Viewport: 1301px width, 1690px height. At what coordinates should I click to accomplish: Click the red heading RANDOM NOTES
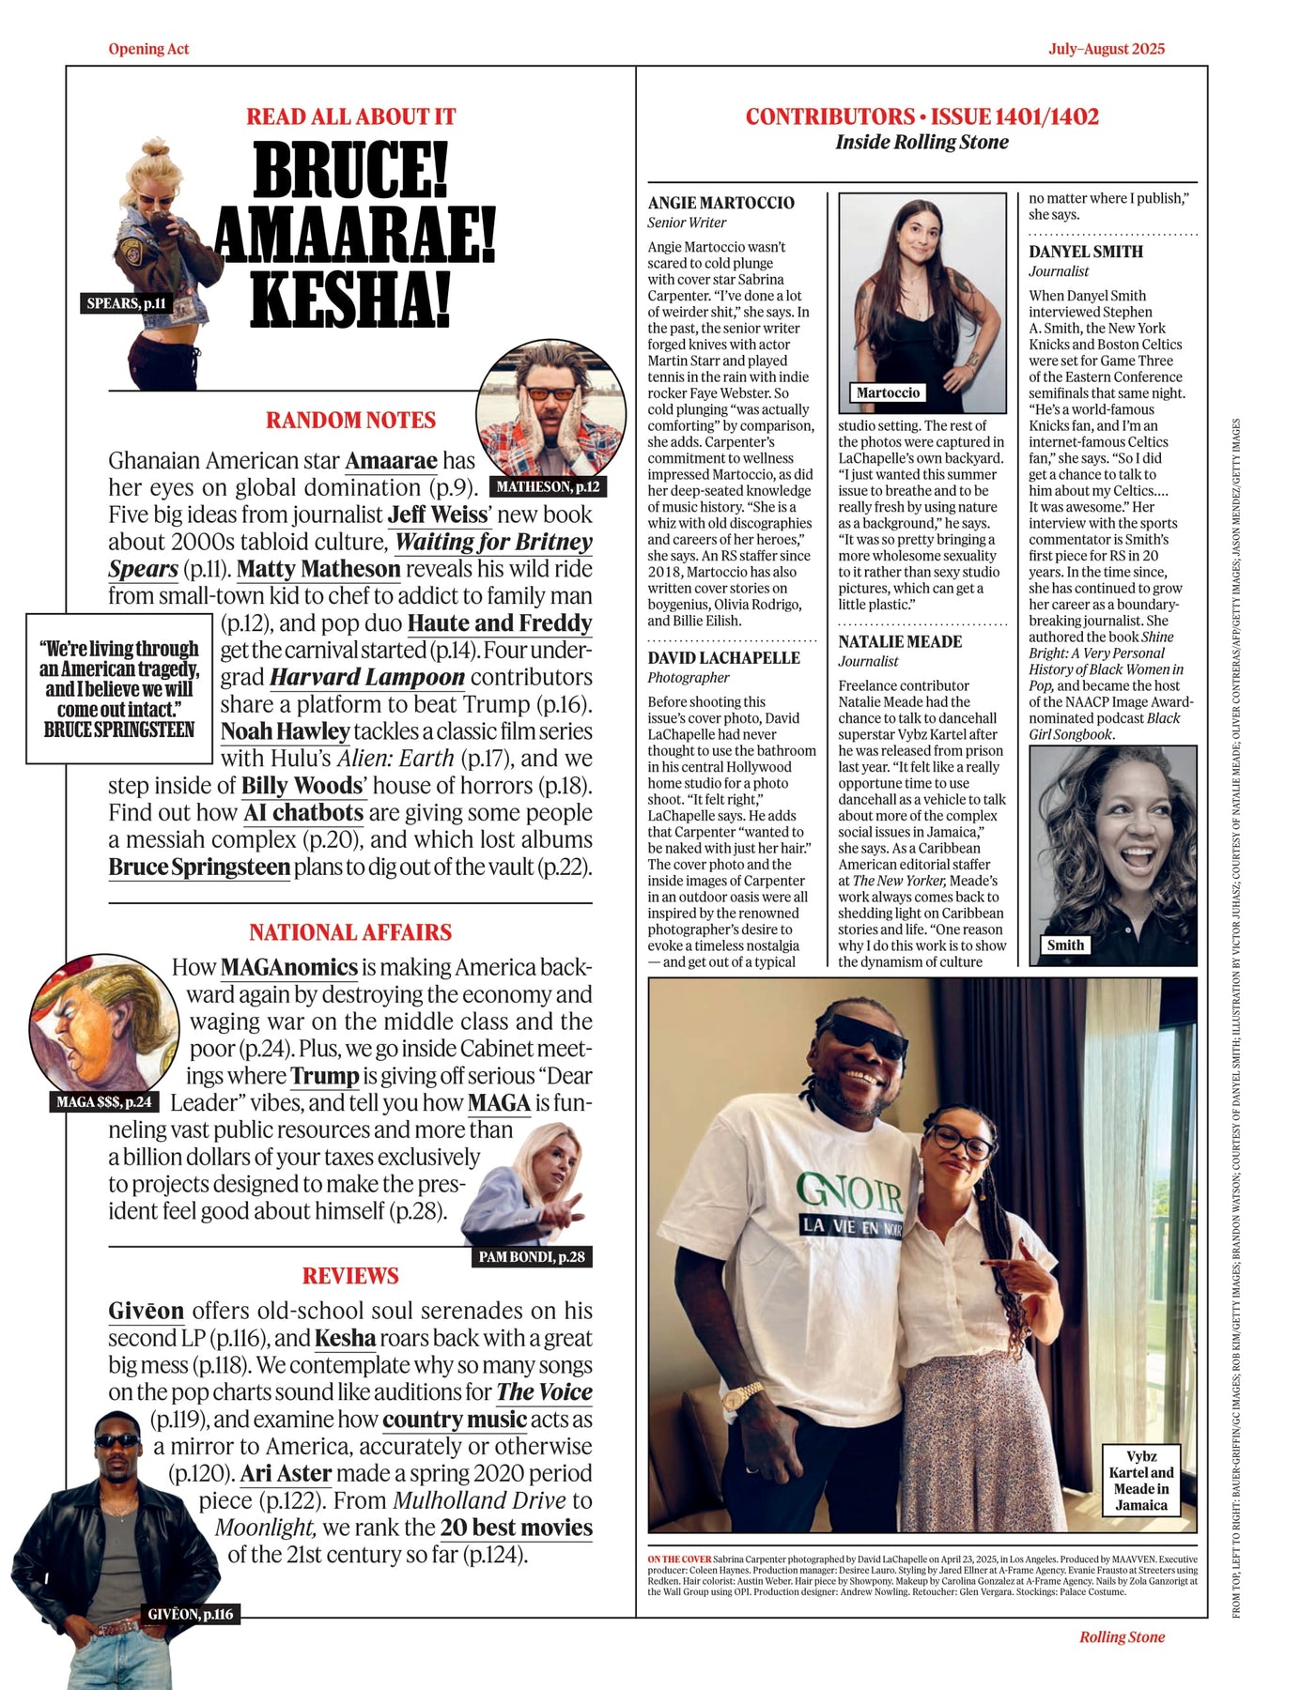tap(350, 420)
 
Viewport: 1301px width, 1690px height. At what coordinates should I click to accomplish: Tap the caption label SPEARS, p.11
tap(127, 303)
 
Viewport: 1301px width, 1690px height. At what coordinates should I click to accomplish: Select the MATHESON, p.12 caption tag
tap(548, 486)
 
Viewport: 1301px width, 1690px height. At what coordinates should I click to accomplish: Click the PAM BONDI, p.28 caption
tap(531, 1257)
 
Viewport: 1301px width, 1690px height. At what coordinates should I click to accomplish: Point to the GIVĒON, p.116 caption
tap(191, 1614)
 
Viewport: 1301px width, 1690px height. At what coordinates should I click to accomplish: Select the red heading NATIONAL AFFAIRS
tap(350, 932)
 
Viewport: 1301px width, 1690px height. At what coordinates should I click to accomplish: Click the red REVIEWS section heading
tap(350, 1276)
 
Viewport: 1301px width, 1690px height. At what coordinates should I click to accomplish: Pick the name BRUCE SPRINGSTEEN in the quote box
tap(119, 730)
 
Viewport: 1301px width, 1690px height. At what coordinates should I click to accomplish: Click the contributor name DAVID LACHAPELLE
tap(723, 657)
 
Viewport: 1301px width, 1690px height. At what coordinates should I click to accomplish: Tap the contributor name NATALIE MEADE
tap(900, 641)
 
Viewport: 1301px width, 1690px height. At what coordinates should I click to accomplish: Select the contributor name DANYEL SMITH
tap(1086, 252)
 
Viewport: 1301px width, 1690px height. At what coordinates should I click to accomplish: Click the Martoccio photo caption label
tap(888, 392)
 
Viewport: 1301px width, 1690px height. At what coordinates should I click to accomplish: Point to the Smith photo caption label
tap(1065, 945)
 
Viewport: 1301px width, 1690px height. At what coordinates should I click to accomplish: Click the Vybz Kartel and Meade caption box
tap(1141, 1481)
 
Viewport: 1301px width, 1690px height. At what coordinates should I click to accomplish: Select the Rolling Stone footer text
tap(1122, 1636)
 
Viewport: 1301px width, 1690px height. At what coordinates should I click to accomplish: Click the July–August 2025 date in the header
tap(1107, 49)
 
